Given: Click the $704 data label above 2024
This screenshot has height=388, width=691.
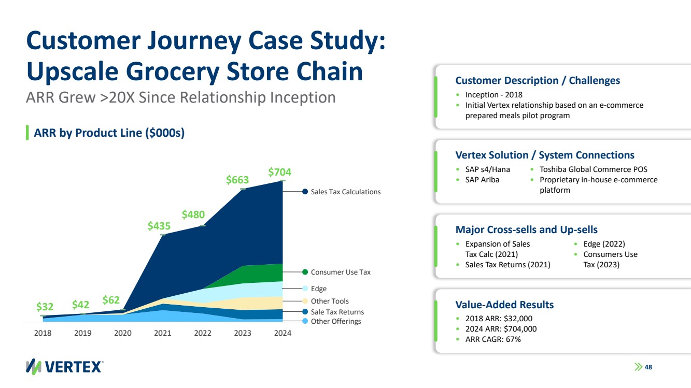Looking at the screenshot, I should pos(279,171).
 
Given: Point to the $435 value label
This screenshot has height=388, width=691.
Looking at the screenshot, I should pos(159,226).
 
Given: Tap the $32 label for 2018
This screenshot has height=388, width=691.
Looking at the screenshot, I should pos(45,307).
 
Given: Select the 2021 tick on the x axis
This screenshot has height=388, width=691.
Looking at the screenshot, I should pos(163,333).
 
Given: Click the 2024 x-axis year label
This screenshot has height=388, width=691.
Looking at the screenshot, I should pos(282,333).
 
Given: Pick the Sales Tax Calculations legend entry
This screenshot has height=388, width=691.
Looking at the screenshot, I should pos(345,192).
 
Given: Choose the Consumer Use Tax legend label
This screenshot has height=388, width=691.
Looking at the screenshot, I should pos(340,272).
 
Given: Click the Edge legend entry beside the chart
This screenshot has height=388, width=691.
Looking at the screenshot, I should pos(318,289).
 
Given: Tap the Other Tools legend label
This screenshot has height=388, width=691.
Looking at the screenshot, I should pos(329,301).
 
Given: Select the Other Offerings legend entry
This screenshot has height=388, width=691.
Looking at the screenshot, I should pos(335,321).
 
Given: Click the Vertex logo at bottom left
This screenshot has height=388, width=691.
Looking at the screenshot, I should pos(64,366).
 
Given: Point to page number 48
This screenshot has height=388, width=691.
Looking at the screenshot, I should pos(648,367).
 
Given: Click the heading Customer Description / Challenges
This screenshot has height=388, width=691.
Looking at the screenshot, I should pos(537,80).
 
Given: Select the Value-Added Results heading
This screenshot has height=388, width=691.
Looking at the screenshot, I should pos(504,304).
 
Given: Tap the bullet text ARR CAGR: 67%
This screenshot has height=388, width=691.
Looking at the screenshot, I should pos(492,339).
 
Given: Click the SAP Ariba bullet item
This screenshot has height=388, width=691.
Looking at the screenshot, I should pos(482,180).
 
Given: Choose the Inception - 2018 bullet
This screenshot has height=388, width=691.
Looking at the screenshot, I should pos(493,95).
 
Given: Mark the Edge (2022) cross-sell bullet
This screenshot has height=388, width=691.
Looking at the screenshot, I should pos(604,244).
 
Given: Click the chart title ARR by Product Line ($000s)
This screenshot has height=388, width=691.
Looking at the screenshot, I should pos(109,133).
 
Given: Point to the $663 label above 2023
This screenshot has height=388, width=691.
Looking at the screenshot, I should pos(237,180).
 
